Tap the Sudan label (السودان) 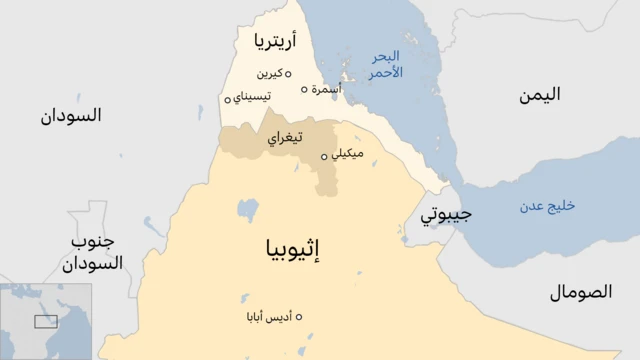[x=71, y=116]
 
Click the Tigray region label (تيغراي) [x=285, y=139]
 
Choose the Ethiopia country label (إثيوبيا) [x=290, y=248]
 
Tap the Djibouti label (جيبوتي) [x=445, y=214]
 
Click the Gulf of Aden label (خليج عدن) [x=547, y=206]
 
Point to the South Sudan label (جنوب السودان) [x=91, y=253]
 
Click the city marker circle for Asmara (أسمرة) [x=305, y=89]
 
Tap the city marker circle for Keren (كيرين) [x=288, y=73]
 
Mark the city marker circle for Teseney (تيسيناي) [x=227, y=98]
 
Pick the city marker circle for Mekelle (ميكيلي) [x=324, y=156]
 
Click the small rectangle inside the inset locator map [x=46, y=321]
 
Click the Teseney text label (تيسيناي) [x=251, y=97]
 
